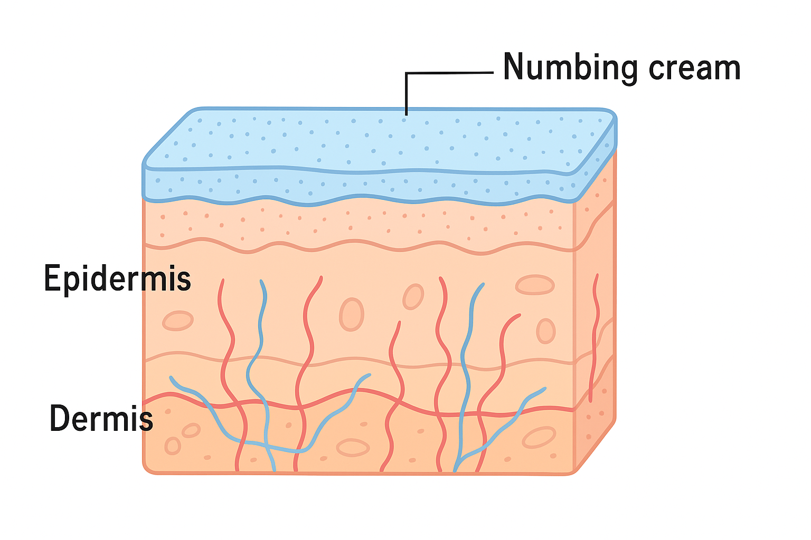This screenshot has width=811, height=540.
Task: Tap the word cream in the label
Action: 694,69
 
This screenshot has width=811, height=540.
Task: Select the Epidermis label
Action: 117,278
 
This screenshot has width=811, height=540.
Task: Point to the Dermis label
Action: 101,419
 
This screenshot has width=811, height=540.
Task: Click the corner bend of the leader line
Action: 407,73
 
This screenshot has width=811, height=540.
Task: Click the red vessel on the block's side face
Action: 595,337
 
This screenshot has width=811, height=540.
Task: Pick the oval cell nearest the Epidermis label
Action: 177,321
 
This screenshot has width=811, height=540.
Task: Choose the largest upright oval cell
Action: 351,314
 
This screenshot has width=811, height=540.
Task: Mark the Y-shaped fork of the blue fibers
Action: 461,458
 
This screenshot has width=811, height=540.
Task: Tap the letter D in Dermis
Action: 60,419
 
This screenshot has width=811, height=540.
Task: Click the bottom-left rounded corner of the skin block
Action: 147,468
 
